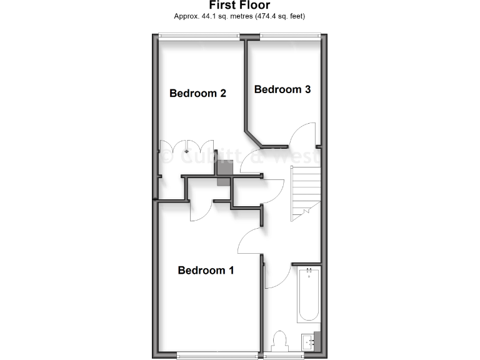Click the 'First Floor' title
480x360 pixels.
pyautogui.click(x=239, y=5)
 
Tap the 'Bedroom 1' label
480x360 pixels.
pyautogui.click(x=206, y=271)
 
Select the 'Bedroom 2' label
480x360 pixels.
pyautogui.click(x=197, y=94)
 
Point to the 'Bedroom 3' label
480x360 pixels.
pyautogui.click(x=282, y=89)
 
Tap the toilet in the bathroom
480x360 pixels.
pyautogui.click(x=280, y=341)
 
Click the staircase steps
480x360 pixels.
pyautogui.click(x=305, y=187)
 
